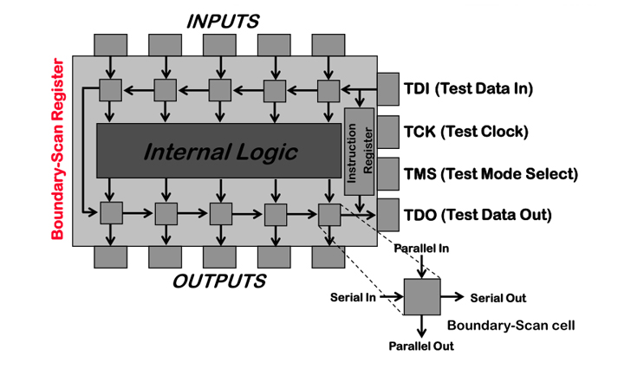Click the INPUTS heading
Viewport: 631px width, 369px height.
pos(223,21)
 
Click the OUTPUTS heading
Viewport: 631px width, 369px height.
pos(218,282)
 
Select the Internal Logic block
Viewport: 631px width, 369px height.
pos(219,152)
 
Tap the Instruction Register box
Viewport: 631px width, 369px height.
pos(358,152)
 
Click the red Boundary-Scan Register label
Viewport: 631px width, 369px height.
pos(58,149)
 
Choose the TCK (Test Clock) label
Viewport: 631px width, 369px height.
pos(465,132)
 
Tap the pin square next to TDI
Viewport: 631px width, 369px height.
pos(387,88)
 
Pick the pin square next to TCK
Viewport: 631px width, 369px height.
pos(387,131)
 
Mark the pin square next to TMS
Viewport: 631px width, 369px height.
pos(387,173)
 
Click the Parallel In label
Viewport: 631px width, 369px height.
pos(421,249)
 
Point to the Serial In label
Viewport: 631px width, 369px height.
pos(352,297)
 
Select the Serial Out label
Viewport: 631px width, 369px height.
pos(498,298)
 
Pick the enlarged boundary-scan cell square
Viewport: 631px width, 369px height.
pos(422,297)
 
